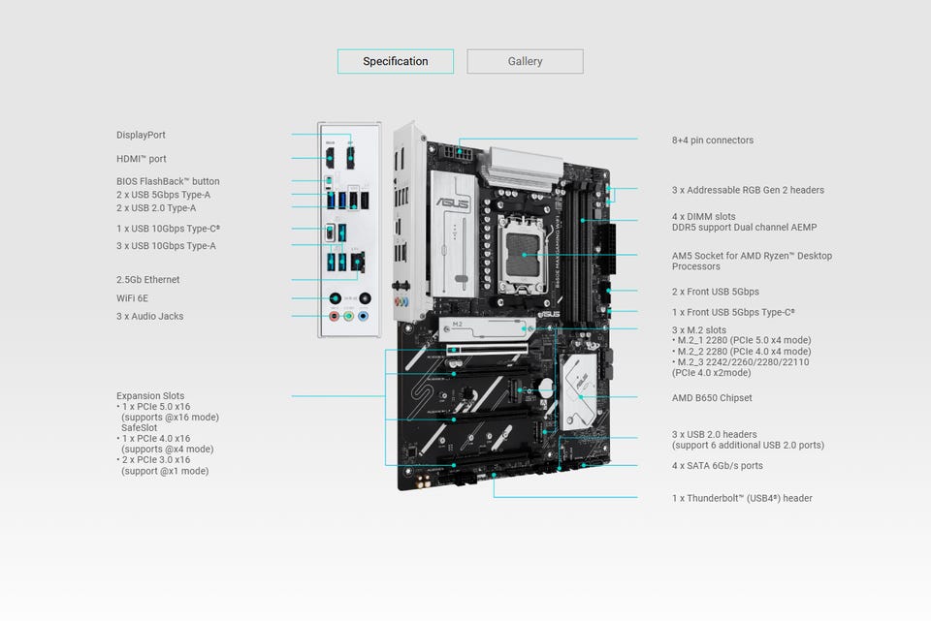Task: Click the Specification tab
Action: coord(396,62)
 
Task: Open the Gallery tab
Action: coord(525,62)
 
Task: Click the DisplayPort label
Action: coord(141,136)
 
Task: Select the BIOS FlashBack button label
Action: coord(168,182)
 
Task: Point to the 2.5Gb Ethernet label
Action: coord(147,280)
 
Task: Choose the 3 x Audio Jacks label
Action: coord(149,317)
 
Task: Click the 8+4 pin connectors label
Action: coord(712,140)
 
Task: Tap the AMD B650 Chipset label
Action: coord(712,398)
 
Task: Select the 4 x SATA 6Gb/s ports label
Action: coord(717,466)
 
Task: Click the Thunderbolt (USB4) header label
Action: coord(742,499)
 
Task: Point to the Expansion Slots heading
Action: coord(150,396)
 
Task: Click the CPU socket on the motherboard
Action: coord(524,254)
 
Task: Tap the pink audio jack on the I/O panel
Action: coord(334,315)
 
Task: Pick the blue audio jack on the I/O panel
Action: coord(364,315)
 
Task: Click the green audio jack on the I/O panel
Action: coord(349,315)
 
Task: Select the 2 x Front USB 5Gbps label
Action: coord(716,292)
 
